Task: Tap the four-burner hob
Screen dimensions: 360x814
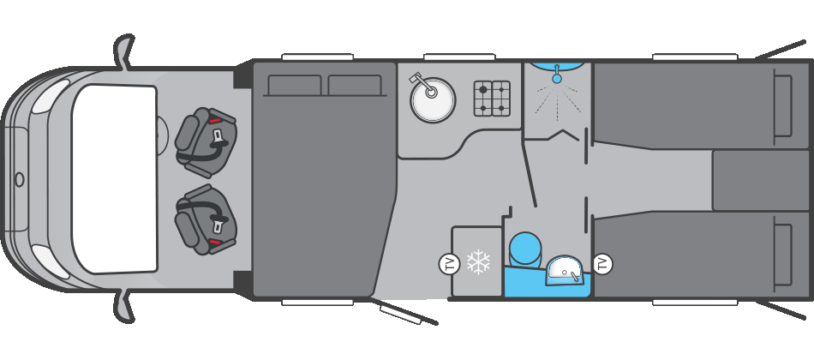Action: (492, 99)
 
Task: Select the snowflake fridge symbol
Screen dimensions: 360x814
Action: (477, 263)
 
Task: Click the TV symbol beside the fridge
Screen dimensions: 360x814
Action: (449, 264)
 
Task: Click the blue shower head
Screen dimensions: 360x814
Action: (557, 77)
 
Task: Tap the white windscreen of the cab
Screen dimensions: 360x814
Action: (116, 179)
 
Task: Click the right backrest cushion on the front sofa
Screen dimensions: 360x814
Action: (355, 85)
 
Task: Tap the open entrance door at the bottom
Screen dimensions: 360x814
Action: (407, 312)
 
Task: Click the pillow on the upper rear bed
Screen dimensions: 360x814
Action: (782, 105)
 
